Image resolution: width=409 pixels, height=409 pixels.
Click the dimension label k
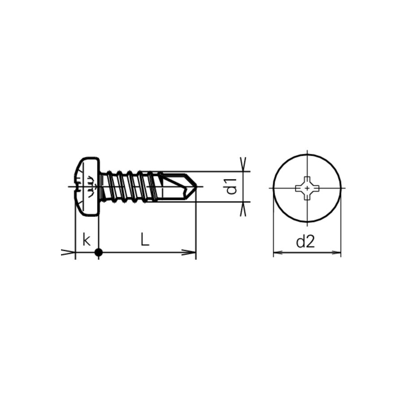(x=87, y=240)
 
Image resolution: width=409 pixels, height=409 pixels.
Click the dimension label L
(x=144, y=240)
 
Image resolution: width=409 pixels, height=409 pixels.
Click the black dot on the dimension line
(x=99, y=253)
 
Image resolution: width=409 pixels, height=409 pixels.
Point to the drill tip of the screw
(x=195, y=187)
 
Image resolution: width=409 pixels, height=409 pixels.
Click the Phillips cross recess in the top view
(x=307, y=187)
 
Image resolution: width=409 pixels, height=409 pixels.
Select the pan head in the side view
(x=87, y=187)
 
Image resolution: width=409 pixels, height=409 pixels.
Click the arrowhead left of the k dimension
(x=69, y=253)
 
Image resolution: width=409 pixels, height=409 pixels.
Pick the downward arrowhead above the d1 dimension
(x=244, y=165)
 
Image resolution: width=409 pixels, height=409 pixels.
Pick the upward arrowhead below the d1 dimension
(x=244, y=209)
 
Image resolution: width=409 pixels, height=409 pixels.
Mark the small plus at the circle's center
(x=307, y=187)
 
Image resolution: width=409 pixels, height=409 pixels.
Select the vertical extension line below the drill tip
(x=196, y=229)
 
